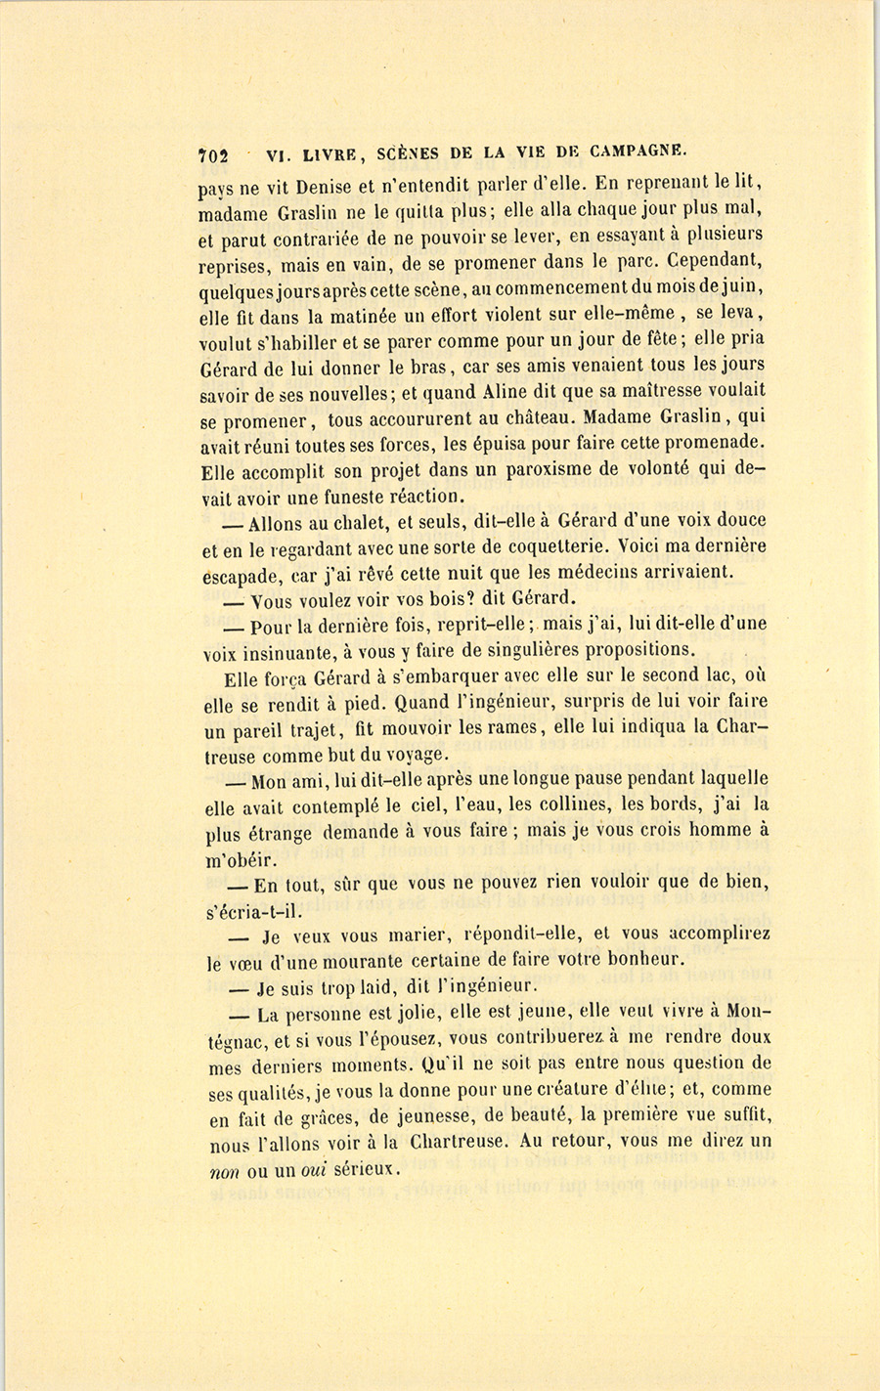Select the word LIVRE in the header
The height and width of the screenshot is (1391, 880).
331,153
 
